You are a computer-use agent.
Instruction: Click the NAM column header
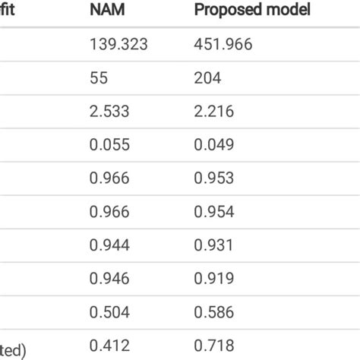click(109, 11)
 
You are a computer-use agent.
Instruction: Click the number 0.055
click(110, 144)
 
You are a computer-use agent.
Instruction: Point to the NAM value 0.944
click(110, 243)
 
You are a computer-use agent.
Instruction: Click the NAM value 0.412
click(110, 346)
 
